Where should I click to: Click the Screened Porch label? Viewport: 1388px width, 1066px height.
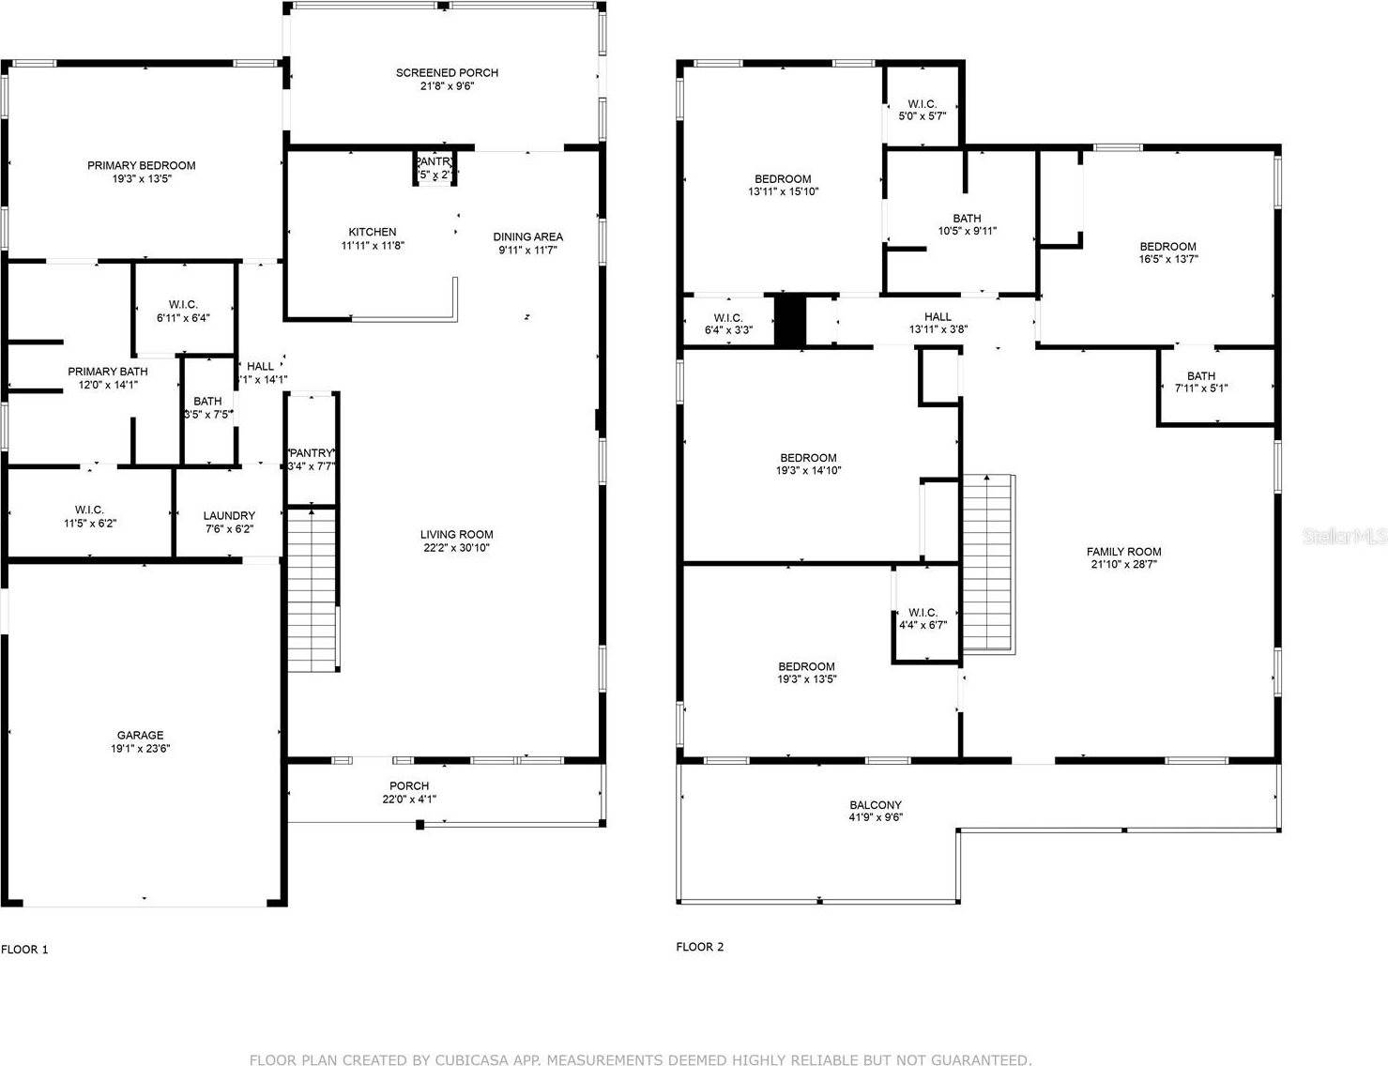click(x=447, y=72)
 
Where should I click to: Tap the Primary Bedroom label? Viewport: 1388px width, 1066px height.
click(x=141, y=165)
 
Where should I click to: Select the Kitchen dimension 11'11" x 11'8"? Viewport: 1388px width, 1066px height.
click(x=373, y=246)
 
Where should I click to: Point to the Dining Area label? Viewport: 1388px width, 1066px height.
click(x=527, y=236)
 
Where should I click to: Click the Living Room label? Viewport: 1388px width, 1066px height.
click(x=456, y=534)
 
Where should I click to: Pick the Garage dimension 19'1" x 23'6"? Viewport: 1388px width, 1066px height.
click(x=140, y=749)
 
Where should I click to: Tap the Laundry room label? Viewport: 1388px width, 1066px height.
click(x=229, y=515)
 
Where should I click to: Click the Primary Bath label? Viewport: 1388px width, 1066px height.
click(x=108, y=372)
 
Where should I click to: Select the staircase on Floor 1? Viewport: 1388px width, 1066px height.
click(x=313, y=589)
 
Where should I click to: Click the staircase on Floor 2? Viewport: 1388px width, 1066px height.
click(x=988, y=563)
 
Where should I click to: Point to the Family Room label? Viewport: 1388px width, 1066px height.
click(x=1123, y=552)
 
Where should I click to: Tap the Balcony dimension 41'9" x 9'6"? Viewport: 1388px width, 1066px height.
click(x=876, y=817)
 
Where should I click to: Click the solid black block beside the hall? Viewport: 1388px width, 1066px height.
click(x=790, y=320)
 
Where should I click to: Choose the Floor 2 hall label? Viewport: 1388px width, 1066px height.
click(x=937, y=316)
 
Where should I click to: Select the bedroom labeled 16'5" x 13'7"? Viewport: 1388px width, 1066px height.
click(x=1167, y=252)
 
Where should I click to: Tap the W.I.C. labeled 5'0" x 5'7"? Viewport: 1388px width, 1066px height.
click(x=922, y=110)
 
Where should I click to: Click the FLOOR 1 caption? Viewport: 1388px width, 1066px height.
click(x=24, y=949)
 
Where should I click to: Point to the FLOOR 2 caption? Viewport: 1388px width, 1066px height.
click(x=699, y=947)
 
